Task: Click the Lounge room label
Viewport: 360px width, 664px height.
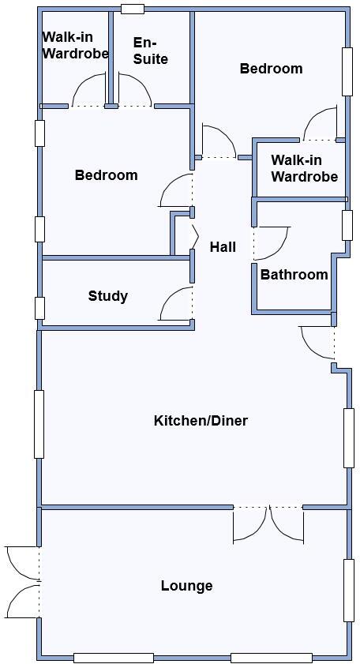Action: [187, 586]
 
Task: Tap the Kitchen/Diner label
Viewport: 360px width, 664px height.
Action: [201, 421]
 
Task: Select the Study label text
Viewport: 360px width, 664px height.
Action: [108, 296]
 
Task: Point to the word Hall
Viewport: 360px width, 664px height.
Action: [223, 247]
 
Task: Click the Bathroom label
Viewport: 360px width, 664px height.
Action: [294, 275]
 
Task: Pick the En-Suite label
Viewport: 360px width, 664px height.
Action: [150, 51]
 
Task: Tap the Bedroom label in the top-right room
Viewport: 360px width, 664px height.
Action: [271, 69]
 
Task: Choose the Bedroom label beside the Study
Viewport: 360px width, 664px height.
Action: [106, 175]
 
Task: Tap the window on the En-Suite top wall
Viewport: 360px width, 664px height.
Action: [133, 9]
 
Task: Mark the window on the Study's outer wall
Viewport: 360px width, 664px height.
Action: [39, 307]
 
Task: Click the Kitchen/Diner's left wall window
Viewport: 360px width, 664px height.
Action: [39, 424]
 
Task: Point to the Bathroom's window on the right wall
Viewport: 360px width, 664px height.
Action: [347, 225]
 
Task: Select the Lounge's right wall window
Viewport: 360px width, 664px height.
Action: [347, 590]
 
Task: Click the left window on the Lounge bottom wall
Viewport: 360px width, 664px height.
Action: [113, 658]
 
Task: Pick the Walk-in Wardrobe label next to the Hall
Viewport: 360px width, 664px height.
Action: [304, 168]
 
